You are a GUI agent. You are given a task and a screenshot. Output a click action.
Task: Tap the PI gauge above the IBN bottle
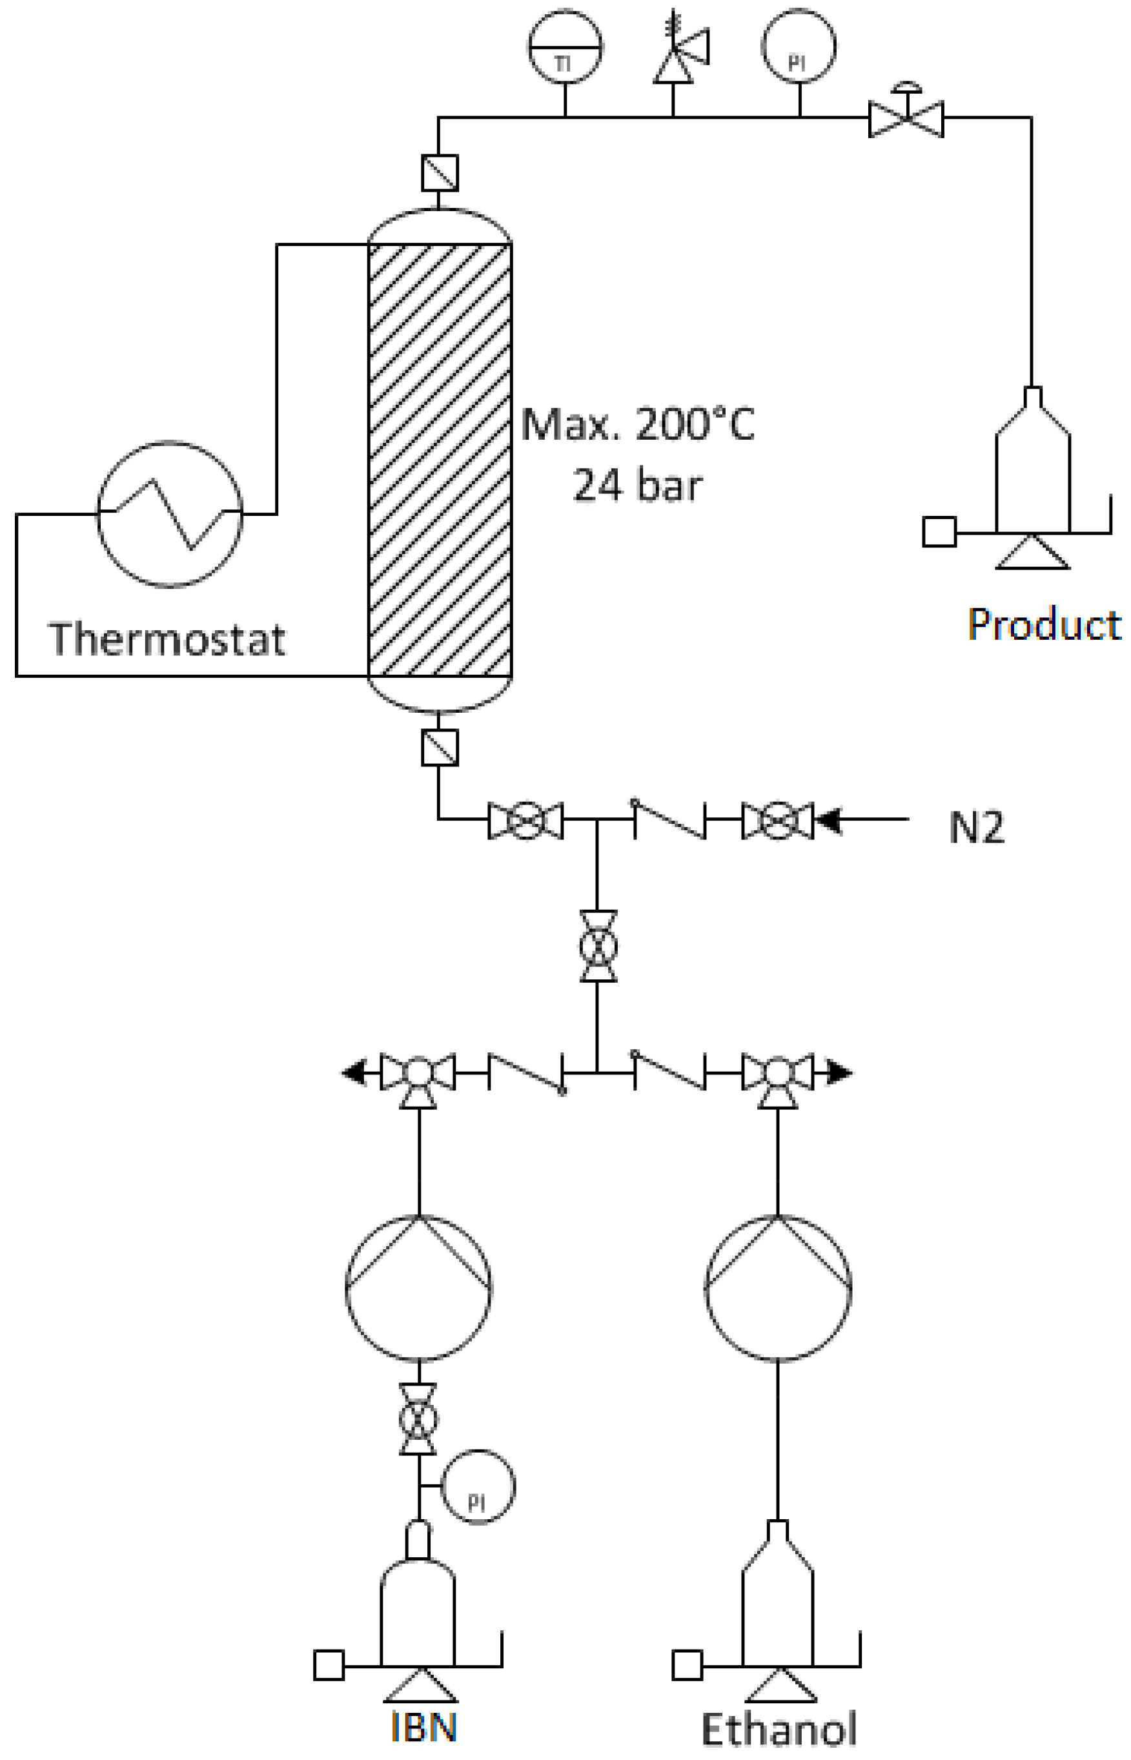click(478, 1487)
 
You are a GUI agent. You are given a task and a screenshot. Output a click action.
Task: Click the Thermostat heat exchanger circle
click(170, 514)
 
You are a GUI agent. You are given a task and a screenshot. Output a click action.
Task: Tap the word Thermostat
click(167, 639)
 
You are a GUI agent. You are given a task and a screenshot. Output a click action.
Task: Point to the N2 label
click(976, 827)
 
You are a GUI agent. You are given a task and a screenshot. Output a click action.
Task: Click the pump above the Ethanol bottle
click(779, 1289)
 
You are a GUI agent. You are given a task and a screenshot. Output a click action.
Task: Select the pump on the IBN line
click(418, 1289)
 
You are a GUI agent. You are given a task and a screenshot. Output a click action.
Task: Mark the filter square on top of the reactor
click(439, 172)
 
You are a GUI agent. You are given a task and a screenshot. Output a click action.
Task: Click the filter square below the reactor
click(439, 748)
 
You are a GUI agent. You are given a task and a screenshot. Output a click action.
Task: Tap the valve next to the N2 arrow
click(778, 820)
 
